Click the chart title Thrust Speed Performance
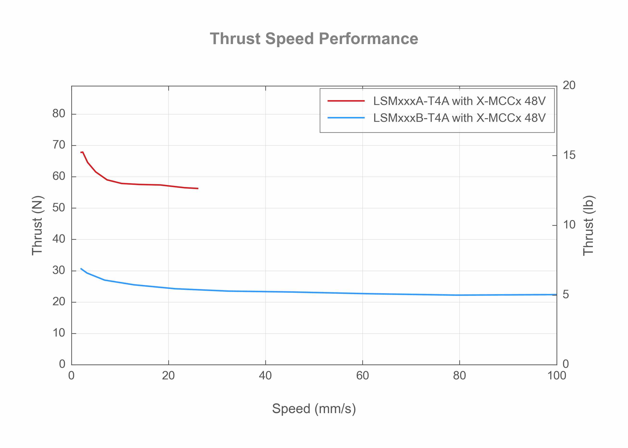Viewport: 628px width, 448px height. [x=314, y=39]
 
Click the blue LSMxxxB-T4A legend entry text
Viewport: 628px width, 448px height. [x=459, y=118]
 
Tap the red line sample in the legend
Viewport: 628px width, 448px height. [x=346, y=101]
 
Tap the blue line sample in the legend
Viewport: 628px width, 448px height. [x=346, y=118]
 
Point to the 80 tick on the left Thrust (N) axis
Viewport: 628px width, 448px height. [x=59, y=114]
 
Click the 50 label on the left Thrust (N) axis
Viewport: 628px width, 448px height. [x=59, y=208]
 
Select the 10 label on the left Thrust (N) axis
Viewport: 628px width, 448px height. [x=59, y=333]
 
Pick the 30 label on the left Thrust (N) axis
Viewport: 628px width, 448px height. [x=59, y=270]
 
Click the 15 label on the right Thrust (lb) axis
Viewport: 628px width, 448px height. [x=569, y=155]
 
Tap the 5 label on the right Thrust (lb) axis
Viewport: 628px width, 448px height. [x=566, y=295]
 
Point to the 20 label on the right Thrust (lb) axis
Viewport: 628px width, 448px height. [x=569, y=85]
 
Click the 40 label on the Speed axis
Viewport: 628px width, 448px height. [x=265, y=376]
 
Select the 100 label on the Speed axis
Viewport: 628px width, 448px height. [x=557, y=376]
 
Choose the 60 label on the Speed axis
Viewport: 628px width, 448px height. [x=363, y=376]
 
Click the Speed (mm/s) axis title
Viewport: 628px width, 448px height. [x=314, y=409]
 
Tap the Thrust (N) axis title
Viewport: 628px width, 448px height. [x=37, y=226]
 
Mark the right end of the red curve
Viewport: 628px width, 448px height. [x=198, y=189]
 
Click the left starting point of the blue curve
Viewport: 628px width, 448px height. [x=81, y=268]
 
